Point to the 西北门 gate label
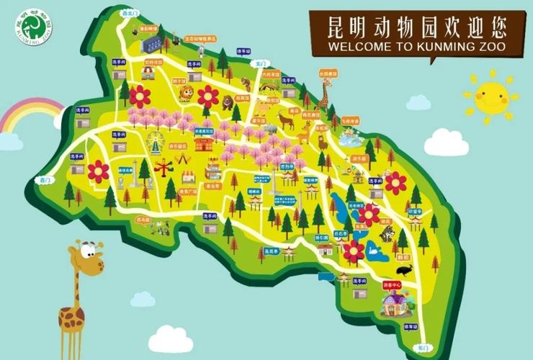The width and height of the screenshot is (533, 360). (127, 12)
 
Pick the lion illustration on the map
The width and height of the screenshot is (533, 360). (187, 93)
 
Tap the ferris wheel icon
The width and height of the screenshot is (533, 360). (153, 145)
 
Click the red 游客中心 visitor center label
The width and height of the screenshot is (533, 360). (390, 287)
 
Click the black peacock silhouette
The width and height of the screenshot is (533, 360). (405, 269)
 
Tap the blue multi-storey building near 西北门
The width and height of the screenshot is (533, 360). (151, 43)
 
